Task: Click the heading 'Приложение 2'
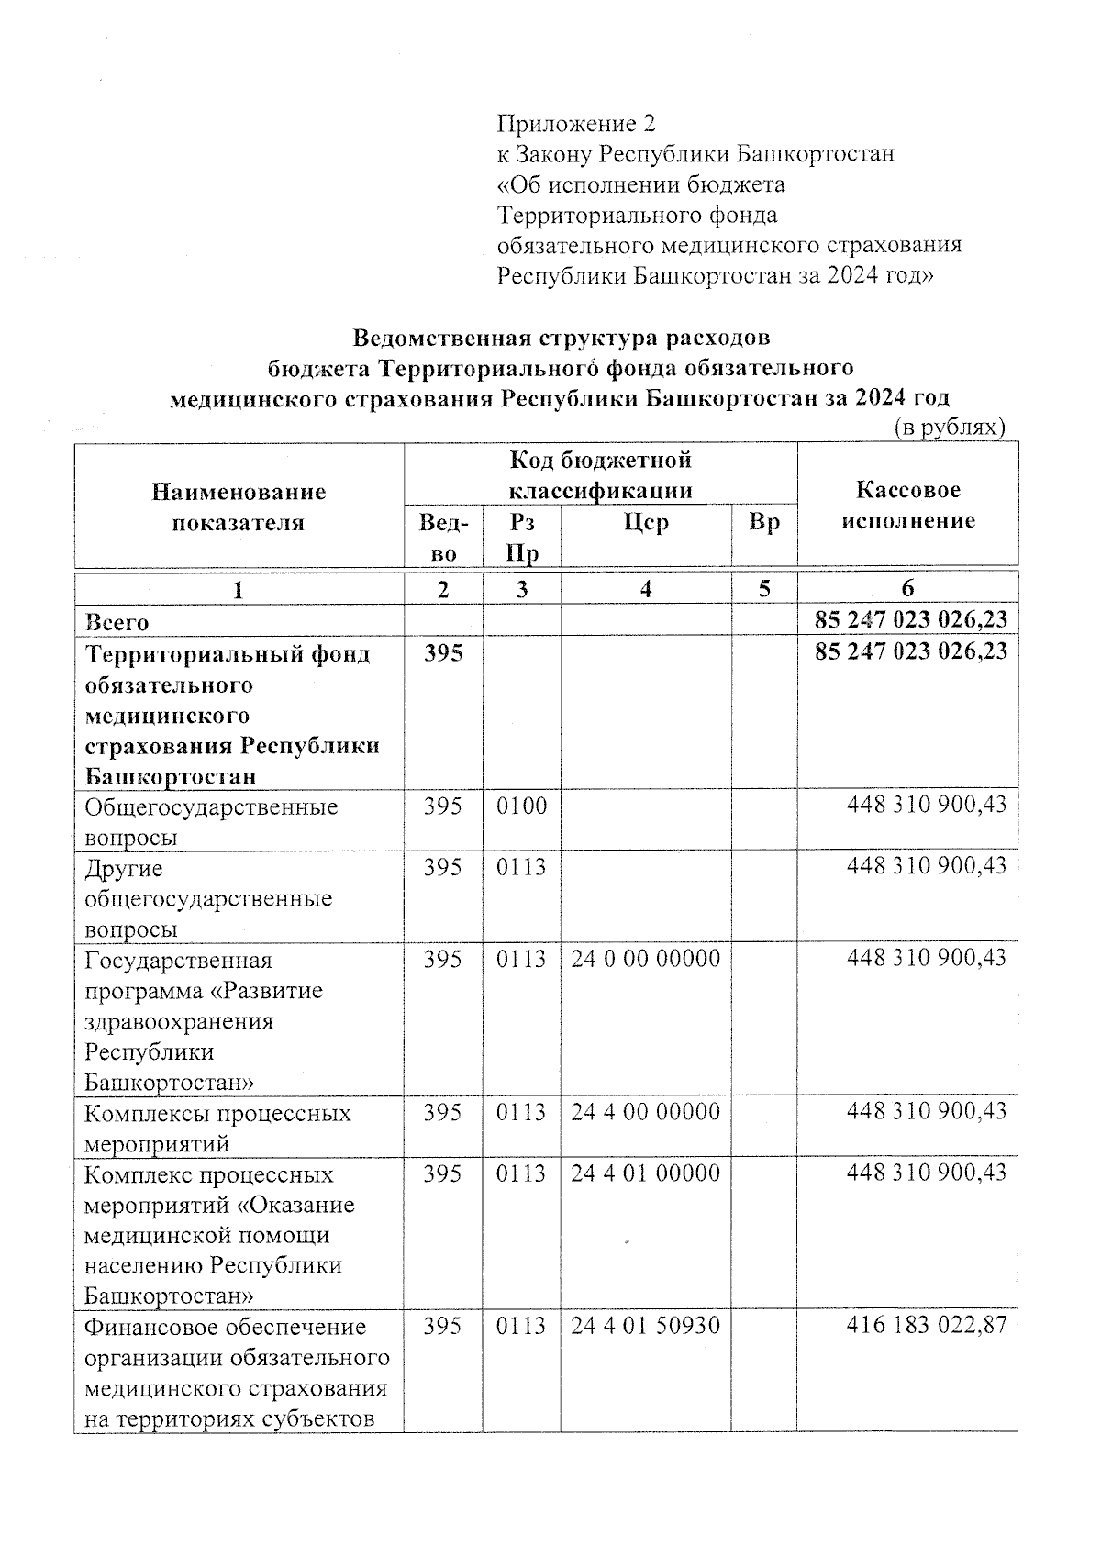pyautogui.click(x=576, y=123)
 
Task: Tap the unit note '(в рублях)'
pyautogui.click(x=950, y=427)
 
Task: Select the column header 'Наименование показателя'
pyautogui.click(x=239, y=506)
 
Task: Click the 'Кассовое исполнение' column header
pyautogui.click(x=907, y=505)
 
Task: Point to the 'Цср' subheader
pyautogui.click(x=646, y=522)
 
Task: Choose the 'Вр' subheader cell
pyautogui.click(x=763, y=522)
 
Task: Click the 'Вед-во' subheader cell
pyautogui.click(x=443, y=537)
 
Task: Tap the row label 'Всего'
pyautogui.click(x=117, y=621)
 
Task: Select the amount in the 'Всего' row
pyautogui.click(x=910, y=619)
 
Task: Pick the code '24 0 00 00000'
pyautogui.click(x=645, y=959)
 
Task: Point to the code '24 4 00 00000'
pyautogui.click(x=645, y=1112)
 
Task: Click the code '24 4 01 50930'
pyautogui.click(x=645, y=1326)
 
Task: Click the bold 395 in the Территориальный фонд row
pyautogui.click(x=443, y=653)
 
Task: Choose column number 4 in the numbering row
pyautogui.click(x=646, y=589)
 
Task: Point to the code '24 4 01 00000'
pyautogui.click(x=645, y=1173)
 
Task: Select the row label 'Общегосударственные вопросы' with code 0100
pyautogui.click(x=210, y=822)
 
